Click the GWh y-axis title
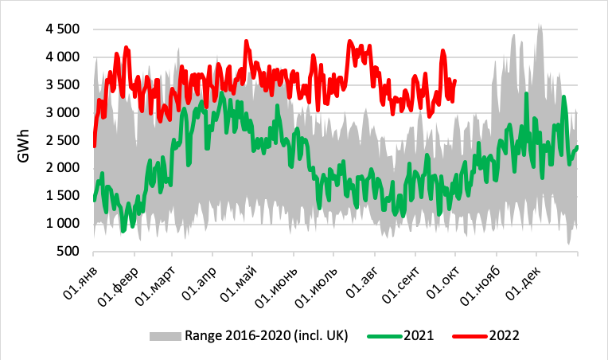(24, 140)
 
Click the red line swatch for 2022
(471, 336)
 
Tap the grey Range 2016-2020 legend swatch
(165, 336)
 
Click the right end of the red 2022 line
(454, 80)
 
